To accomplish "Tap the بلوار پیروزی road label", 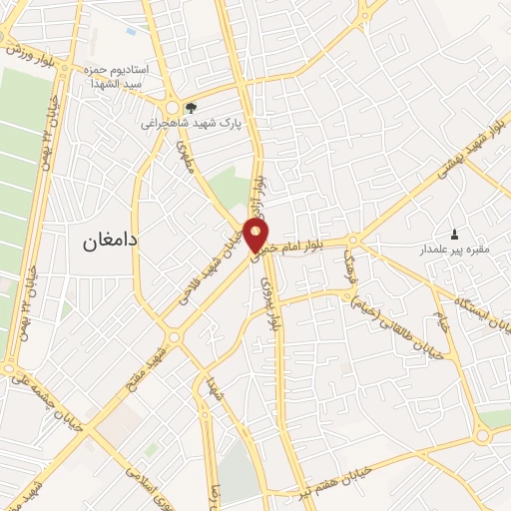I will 269,300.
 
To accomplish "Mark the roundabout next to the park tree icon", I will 173,106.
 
